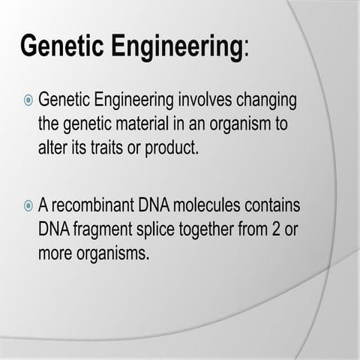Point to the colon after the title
coord(247,49)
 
